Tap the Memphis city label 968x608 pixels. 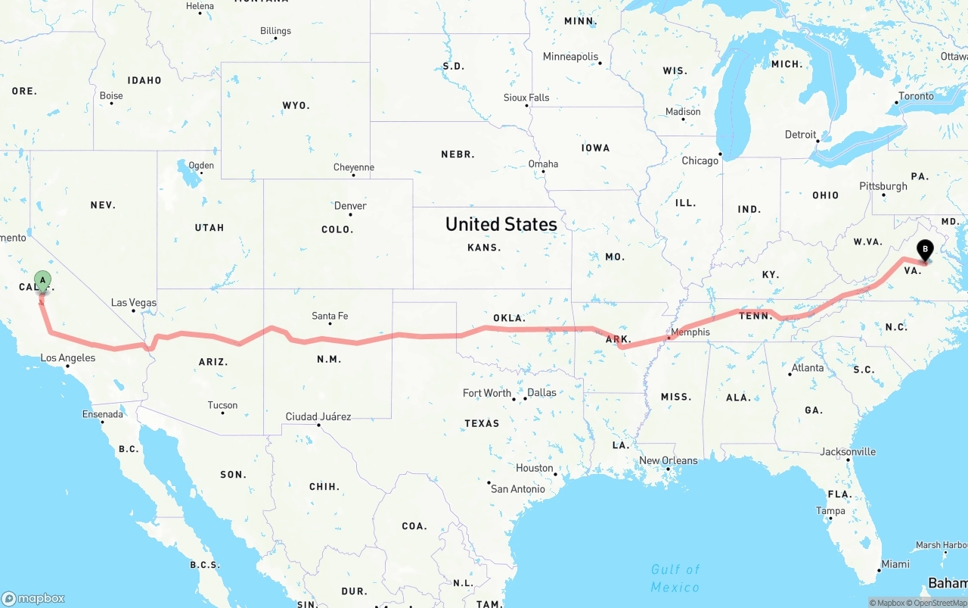pyautogui.click(x=690, y=332)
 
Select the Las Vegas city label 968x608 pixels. pyautogui.click(x=134, y=302)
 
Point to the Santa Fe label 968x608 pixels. pyautogui.click(x=330, y=316)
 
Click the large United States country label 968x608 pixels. pyautogui.click(x=501, y=224)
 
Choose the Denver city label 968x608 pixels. pyautogui.click(x=350, y=205)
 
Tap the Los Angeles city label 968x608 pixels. pyautogui.click(x=68, y=357)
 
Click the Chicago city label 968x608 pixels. pyautogui.click(x=700, y=161)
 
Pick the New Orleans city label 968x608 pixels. pyautogui.click(x=669, y=460)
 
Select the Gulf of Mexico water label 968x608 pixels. pyautogui.click(x=675, y=578)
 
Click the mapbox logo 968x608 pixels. pyautogui.click(x=33, y=598)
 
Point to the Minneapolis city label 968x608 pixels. pyautogui.click(x=570, y=57)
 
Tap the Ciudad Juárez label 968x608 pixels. pyautogui.click(x=318, y=416)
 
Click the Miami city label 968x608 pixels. pyautogui.click(x=895, y=563)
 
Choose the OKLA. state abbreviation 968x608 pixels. pyautogui.click(x=509, y=318)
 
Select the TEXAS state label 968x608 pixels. pyautogui.click(x=482, y=423)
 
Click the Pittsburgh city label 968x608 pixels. pyautogui.click(x=883, y=186)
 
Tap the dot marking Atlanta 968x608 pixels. pyautogui.click(x=790, y=374)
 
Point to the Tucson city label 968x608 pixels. pyautogui.click(x=222, y=405)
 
